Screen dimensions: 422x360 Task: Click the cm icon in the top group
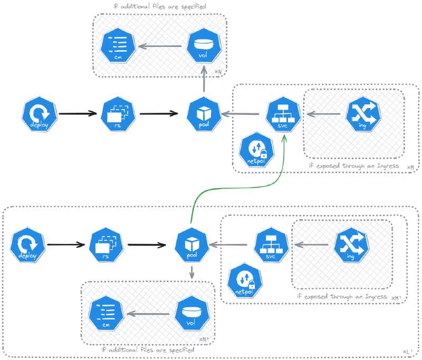pyautogui.click(x=118, y=45)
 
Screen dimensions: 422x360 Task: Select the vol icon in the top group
pyautogui.click(x=204, y=45)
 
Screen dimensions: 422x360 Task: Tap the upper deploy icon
pyautogui.click(x=40, y=114)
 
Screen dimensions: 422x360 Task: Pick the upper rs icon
pyautogui.click(x=118, y=114)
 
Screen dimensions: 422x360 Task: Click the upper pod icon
pyautogui.click(x=204, y=114)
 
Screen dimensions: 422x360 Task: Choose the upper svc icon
pyautogui.click(x=283, y=114)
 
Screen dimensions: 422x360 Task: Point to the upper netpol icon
pyautogui.click(x=256, y=150)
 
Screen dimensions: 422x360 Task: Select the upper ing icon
pyautogui.click(x=363, y=114)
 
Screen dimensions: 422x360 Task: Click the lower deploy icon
pyautogui.click(x=27, y=245)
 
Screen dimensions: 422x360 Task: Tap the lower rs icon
pyautogui.click(x=106, y=245)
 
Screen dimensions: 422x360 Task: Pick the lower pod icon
pyautogui.click(x=192, y=245)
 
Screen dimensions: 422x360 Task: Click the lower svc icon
pyautogui.click(x=271, y=245)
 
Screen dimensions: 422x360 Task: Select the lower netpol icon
pyautogui.click(x=245, y=280)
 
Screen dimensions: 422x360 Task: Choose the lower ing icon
pyautogui.click(x=351, y=245)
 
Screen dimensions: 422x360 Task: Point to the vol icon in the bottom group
pyautogui.click(x=192, y=313)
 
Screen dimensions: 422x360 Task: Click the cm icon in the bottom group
pyautogui.click(x=106, y=313)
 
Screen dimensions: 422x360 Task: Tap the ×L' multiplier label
pyautogui.click(x=407, y=352)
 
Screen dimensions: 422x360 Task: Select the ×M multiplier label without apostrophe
pyautogui.click(x=410, y=168)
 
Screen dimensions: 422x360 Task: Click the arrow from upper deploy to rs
pyautogui.click(x=78, y=114)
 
